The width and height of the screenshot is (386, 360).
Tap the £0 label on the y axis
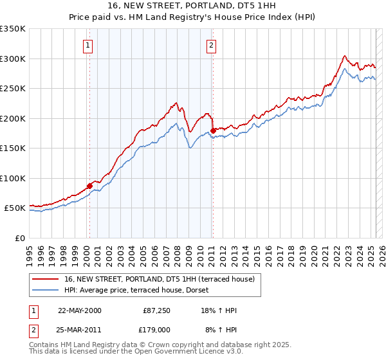click(21, 238)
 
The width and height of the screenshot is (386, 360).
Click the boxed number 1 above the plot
click(87, 45)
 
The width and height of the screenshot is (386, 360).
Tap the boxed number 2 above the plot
click(210, 45)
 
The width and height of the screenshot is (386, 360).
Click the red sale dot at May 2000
click(90, 186)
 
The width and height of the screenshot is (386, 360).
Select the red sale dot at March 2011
click(213, 131)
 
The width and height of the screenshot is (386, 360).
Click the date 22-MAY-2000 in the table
click(80, 310)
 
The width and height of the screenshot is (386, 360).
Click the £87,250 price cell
click(156, 310)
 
